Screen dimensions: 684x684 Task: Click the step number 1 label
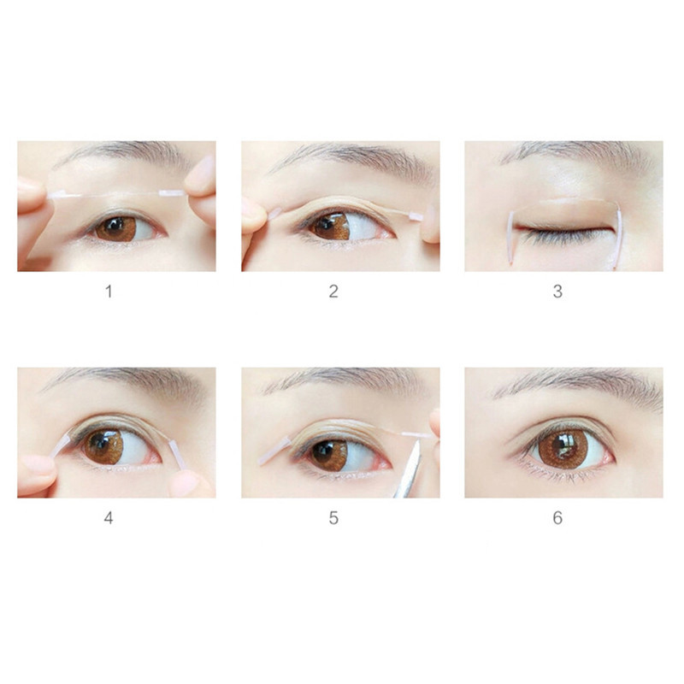coord(109,292)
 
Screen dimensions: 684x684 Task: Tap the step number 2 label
coord(333,292)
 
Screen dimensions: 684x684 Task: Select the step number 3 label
coord(557,292)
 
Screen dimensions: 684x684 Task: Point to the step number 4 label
coord(109,518)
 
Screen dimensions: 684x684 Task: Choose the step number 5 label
coord(333,518)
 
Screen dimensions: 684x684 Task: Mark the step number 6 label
coord(557,518)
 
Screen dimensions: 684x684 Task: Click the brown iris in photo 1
coord(115,228)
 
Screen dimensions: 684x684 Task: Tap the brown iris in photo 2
coord(328,227)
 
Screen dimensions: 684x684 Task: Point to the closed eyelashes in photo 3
coord(564,235)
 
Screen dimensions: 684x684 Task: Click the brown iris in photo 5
coord(328,454)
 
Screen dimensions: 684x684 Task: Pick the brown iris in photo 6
coord(563,448)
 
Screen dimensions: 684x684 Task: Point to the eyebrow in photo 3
coord(573,155)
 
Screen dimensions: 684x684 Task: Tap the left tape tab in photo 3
coord(510,234)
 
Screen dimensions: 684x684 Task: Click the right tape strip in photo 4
coord(176,454)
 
